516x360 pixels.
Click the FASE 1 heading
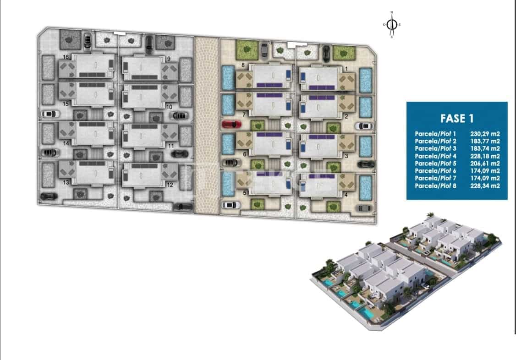(x=456, y=118)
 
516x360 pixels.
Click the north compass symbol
(x=391, y=25)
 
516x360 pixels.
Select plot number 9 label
(x=169, y=59)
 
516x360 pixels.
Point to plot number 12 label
(x=170, y=185)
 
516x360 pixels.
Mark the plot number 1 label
(x=346, y=69)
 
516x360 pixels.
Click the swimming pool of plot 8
(x=227, y=77)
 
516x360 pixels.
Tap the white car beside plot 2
(x=366, y=126)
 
